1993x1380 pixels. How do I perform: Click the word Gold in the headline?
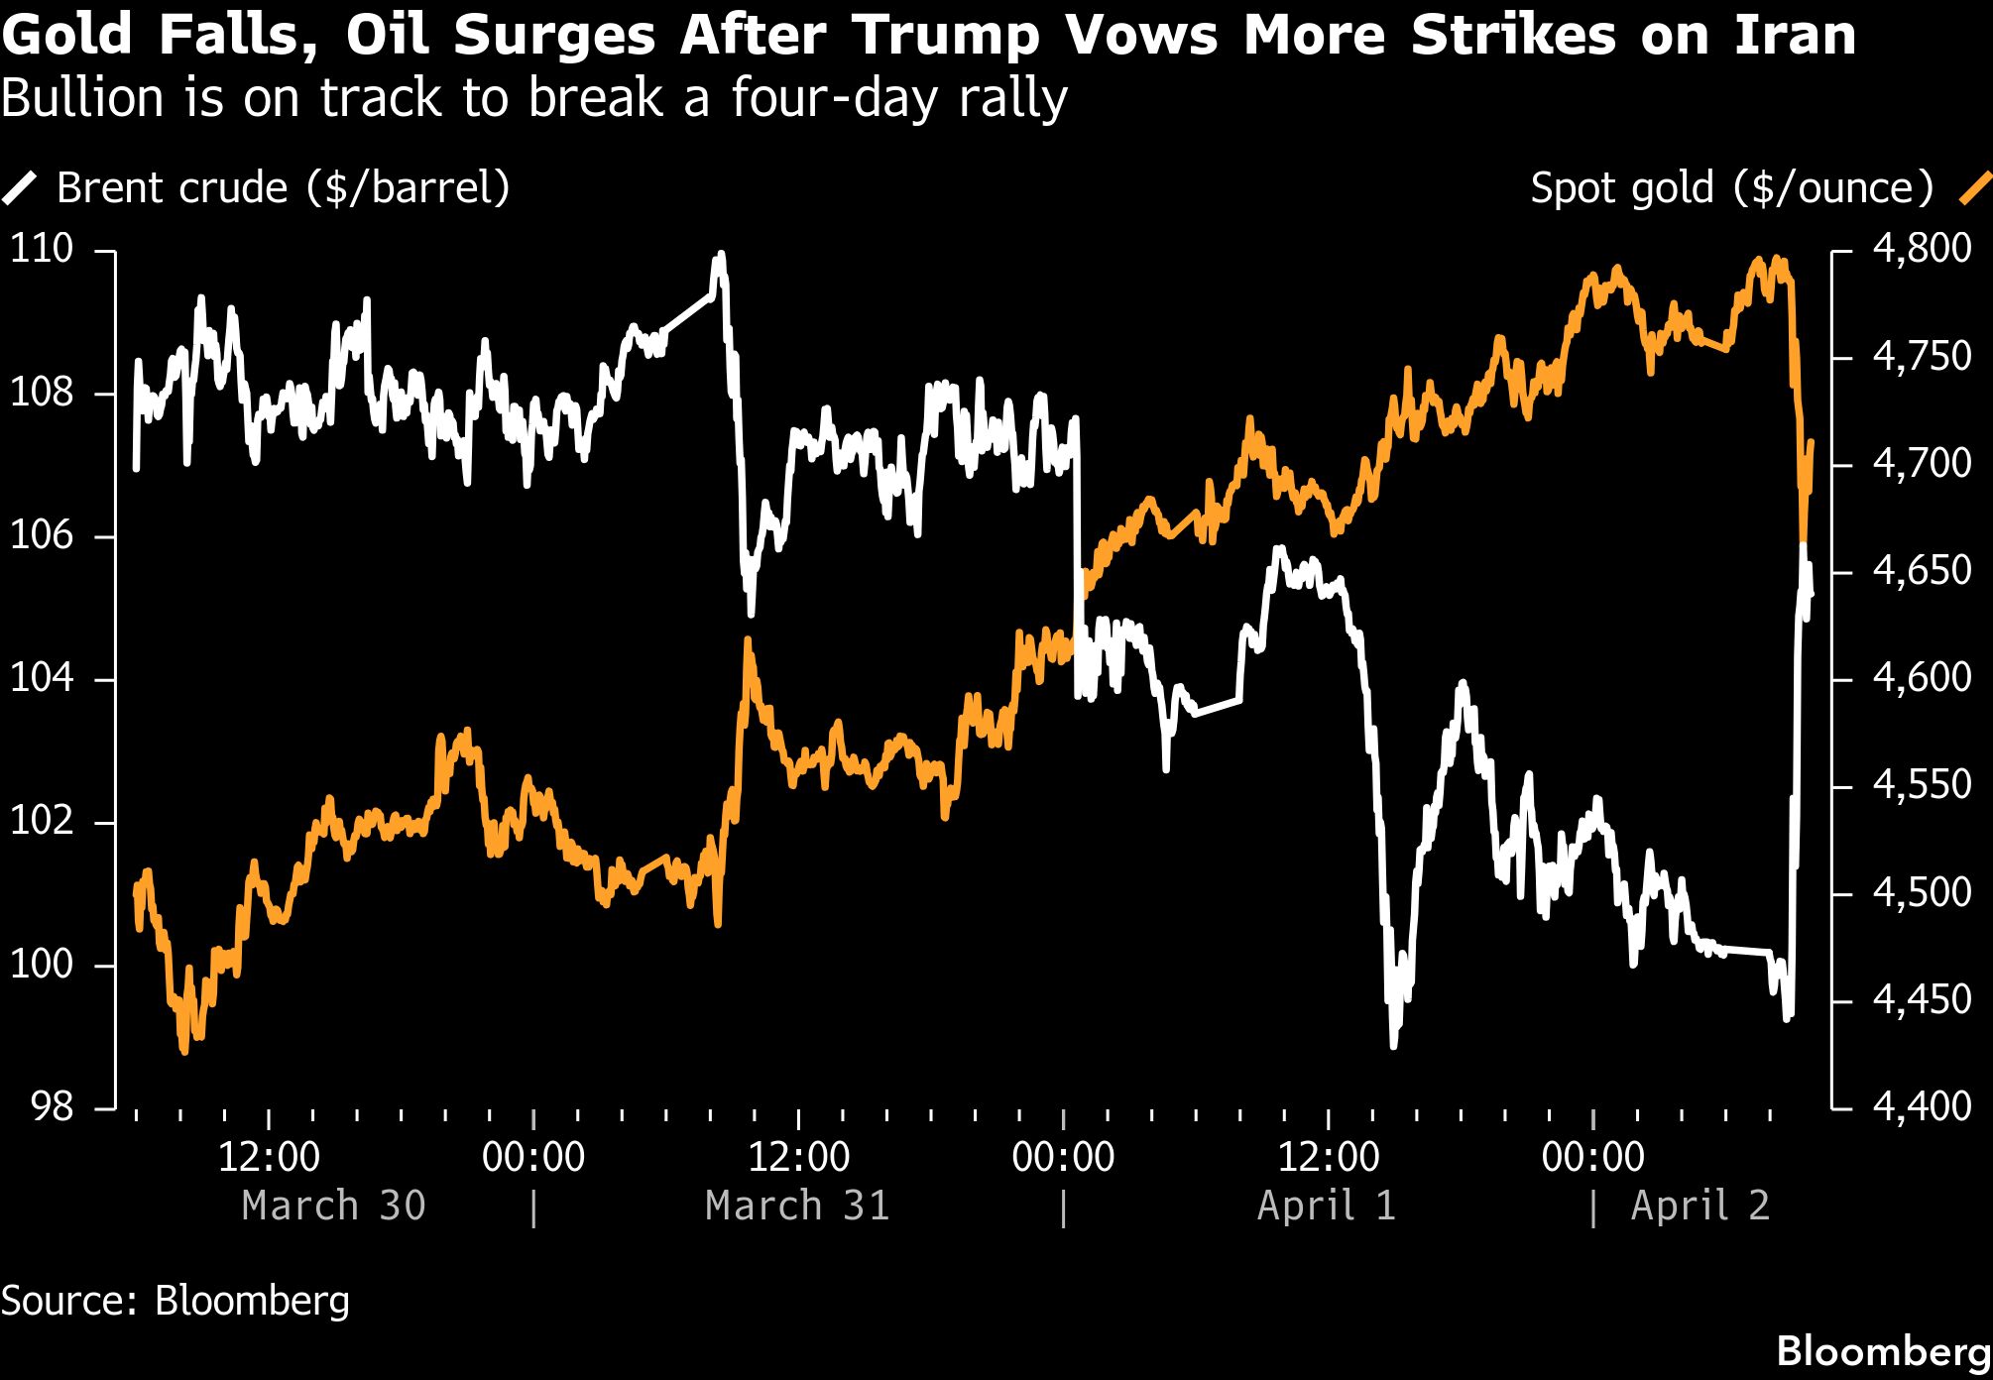click(x=67, y=36)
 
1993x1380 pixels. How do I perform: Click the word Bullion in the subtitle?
click(x=82, y=99)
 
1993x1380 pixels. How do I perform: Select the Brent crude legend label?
click(x=283, y=188)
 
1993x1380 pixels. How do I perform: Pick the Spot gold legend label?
click(x=1731, y=188)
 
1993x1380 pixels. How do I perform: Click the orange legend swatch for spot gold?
click(x=1975, y=188)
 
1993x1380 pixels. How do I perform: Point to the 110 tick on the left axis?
click(x=42, y=249)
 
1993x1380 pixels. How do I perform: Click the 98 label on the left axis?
click(x=53, y=1106)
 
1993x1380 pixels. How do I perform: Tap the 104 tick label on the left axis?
click(x=42, y=678)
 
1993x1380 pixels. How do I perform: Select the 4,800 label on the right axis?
click(x=1922, y=249)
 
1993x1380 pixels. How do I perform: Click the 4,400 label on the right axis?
click(x=1922, y=1106)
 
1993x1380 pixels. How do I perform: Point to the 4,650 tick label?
click(x=1922, y=571)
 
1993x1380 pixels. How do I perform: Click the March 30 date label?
click(x=333, y=1206)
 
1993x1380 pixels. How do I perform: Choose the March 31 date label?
click(x=797, y=1206)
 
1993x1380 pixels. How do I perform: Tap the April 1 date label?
click(x=1327, y=1206)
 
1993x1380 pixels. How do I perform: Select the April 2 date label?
click(x=1700, y=1206)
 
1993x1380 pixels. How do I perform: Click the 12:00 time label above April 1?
click(x=1328, y=1157)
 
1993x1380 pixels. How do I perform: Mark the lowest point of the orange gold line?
click(x=184, y=1049)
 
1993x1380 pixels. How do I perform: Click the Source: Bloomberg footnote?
click(x=176, y=1301)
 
